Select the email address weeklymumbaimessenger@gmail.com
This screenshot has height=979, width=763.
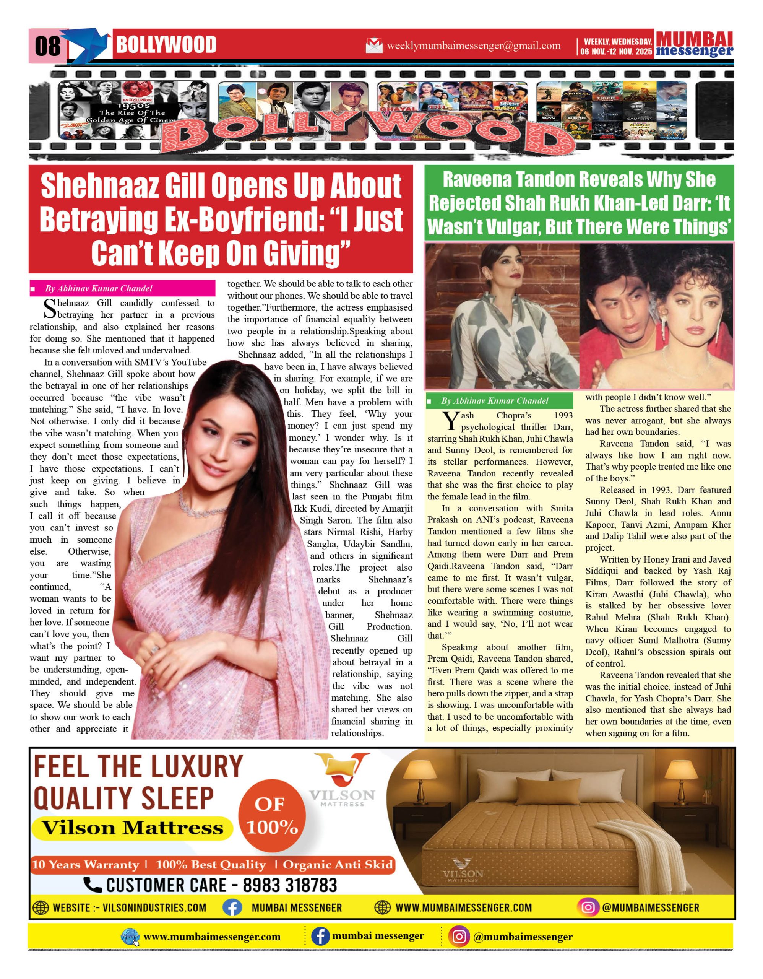point(473,46)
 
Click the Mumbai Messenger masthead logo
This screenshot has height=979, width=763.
point(694,44)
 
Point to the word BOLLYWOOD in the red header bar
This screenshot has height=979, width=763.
point(166,45)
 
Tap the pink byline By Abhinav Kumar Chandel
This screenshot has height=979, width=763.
point(98,288)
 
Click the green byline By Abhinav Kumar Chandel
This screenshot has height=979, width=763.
point(494,401)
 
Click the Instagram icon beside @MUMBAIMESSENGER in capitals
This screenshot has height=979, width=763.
point(588,908)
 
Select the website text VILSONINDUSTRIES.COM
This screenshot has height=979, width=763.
point(154,908)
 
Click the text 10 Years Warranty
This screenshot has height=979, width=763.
point(85,865)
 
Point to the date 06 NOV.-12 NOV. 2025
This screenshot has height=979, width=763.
point(616,52)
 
